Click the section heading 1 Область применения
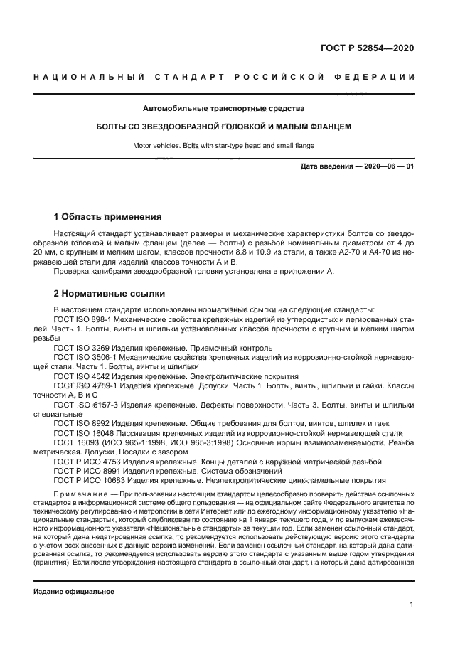108,216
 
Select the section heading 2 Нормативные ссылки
109,293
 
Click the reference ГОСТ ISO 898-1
85,320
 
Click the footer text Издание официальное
74,591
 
